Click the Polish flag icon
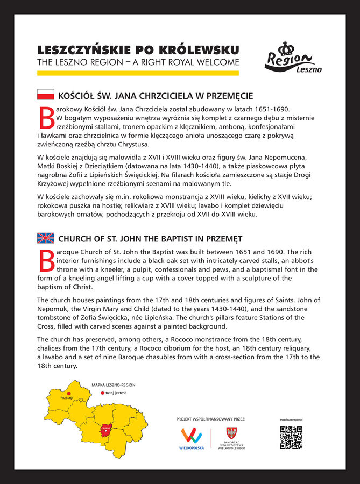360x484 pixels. coord(45,95)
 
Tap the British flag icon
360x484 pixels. coord(45,238)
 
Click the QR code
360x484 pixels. coord(291,437)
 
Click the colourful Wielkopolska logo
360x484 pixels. coord(192,436)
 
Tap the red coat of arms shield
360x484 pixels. coord(231,432)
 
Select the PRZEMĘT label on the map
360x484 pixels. coord(67,398)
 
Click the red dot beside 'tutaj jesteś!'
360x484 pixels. coord(102,393)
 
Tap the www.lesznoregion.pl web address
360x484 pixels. coord(291,419)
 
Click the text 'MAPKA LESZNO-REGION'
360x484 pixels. coord(113,385)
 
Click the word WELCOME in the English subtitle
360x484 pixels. coord(215,62)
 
